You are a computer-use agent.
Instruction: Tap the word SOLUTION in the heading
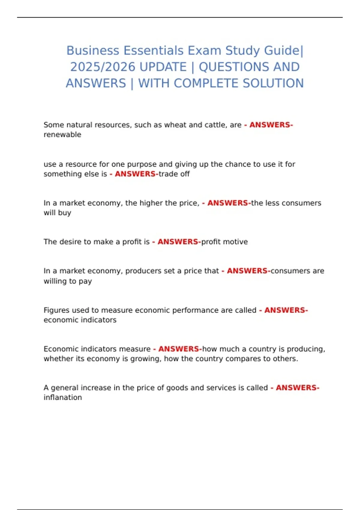[273, 83]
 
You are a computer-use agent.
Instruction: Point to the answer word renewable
[62, 135]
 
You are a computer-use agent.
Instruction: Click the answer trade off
[174, 174]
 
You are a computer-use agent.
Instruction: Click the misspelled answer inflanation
[63, 397]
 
